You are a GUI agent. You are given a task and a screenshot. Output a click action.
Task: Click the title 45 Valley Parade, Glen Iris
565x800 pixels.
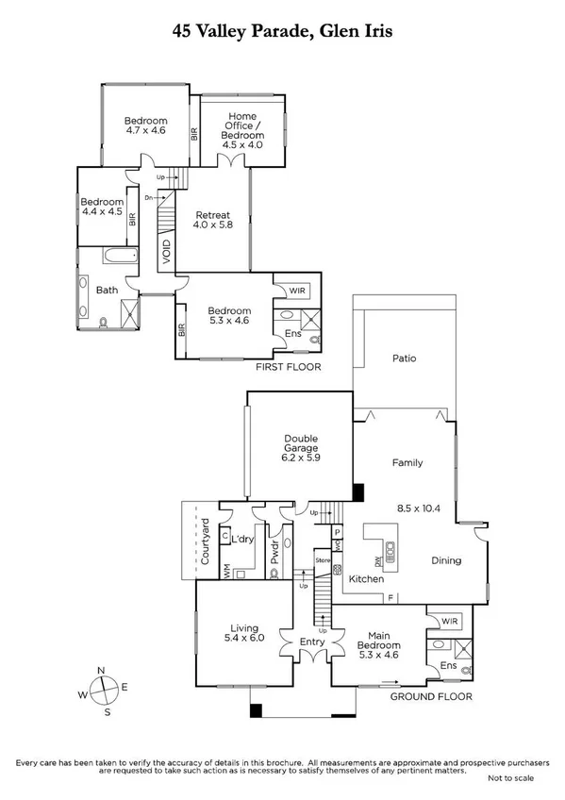pyautogui.click(x=282, y=30)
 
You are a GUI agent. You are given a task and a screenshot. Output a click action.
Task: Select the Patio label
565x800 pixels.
pyautogui.click(x=404, y=358)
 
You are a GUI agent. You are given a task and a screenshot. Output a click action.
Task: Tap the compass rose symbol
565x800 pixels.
pyautogui.click(x=106, y=691)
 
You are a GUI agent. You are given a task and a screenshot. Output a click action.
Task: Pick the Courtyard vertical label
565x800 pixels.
pyautogui.click(x=205, y=542)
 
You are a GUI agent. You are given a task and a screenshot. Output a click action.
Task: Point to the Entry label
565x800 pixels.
pyautogui.click(x=312, y=642)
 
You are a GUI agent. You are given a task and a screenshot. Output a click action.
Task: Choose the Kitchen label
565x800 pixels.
pyautogui.click(x=365, y=577)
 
